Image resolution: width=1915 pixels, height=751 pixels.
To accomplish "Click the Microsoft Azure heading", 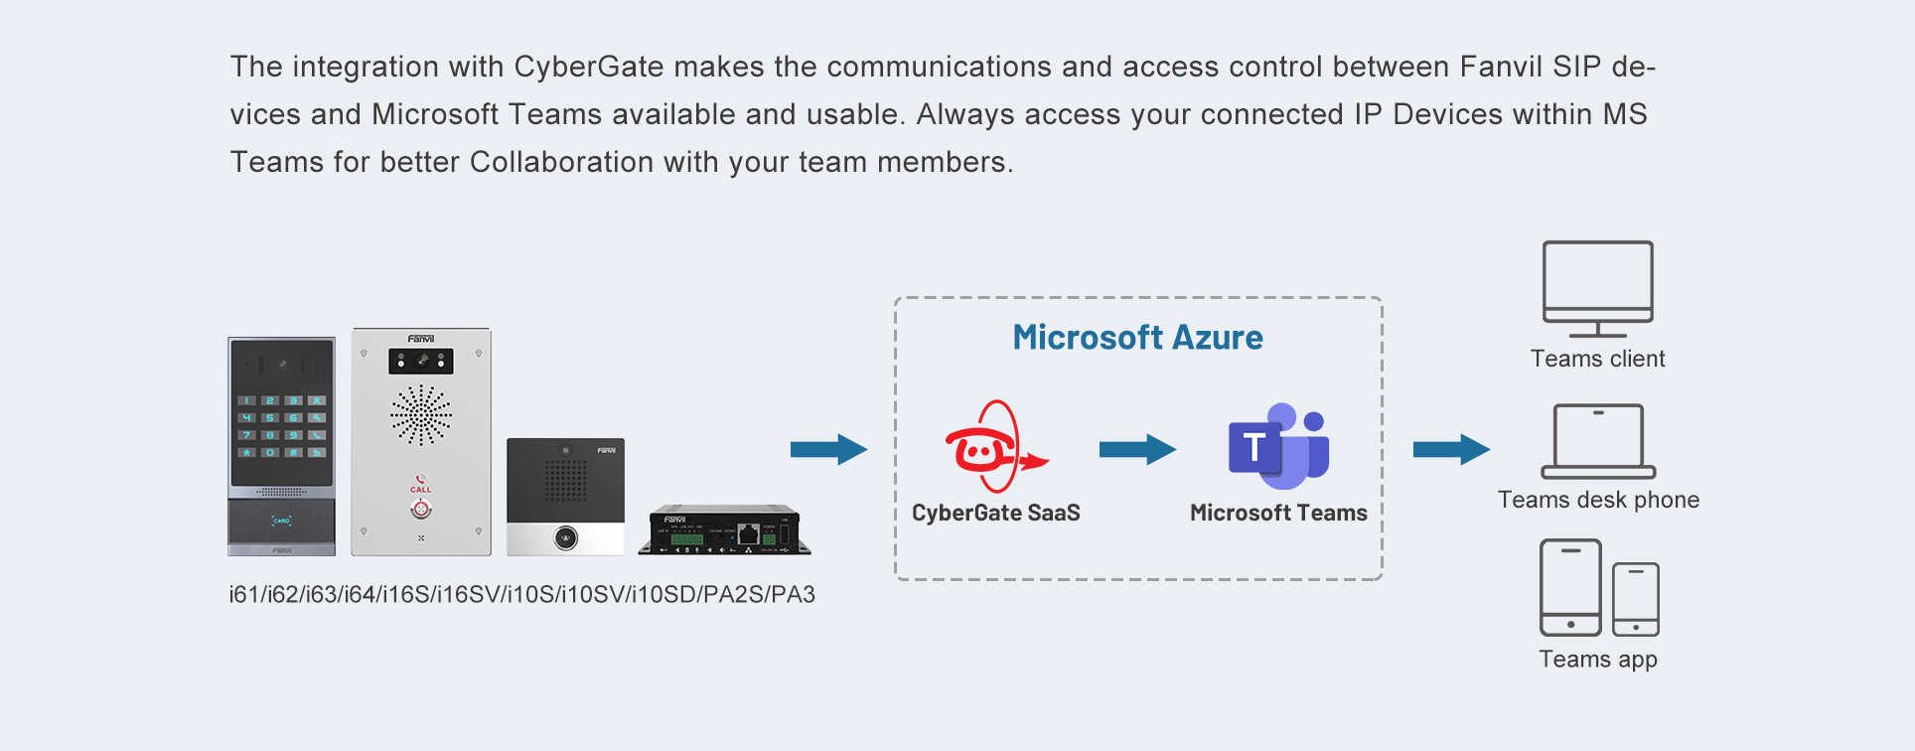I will [x=1137, y=338].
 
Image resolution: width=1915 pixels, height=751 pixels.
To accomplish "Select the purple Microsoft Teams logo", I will [x=1278, y=446].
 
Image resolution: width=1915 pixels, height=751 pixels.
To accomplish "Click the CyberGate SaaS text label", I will [x=995, y=513].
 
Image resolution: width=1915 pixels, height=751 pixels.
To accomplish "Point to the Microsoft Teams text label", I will [x=1278, y=513].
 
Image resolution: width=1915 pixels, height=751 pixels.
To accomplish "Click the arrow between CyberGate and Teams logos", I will [x=1137, y=449].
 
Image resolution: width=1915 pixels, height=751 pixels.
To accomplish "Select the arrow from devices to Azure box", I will [x=828, y=449].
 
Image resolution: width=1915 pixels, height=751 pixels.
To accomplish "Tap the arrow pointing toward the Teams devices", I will [x=1451, y=449].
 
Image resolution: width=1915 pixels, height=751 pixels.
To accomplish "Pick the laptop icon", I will [x=1598, y=441].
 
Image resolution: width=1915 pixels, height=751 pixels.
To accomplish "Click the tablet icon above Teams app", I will [x=1570, y=587].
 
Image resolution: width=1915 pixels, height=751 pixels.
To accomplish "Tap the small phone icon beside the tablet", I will [x=1635, y=599].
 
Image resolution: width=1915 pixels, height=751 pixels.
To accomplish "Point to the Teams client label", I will [x=1597, y=359].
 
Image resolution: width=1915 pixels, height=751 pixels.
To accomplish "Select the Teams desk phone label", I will [x=1598, y=500].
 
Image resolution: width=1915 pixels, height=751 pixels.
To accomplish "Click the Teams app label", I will [x=1597, y=660].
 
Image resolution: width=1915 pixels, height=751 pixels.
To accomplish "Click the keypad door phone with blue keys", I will [x=281, y=446].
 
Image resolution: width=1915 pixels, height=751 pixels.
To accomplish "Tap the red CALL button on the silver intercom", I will [x=421, y=509].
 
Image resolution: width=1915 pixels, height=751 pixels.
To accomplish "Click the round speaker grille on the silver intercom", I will [x=421, y=415].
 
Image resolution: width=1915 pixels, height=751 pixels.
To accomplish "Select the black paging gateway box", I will [x=729, y=530].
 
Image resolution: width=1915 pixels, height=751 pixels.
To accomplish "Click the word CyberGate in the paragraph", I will [x=588, y=67].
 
